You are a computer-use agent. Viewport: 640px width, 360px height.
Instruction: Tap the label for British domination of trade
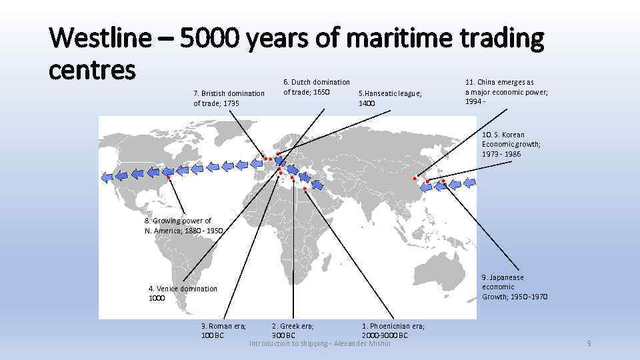click(229, 98)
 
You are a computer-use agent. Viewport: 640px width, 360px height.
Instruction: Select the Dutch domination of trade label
click(317, 87)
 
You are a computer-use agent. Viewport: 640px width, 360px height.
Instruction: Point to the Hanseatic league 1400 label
click(390, 98)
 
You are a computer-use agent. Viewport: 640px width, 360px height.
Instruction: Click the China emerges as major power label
click(506, 92)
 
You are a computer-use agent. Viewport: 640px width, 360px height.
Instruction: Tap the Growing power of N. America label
click(183, 225)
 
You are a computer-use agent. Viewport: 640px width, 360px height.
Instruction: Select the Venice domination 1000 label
click(183, 293)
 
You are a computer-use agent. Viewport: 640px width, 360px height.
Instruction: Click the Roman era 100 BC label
click(223, 330)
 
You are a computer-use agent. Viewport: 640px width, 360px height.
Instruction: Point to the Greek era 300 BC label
click(293, 330)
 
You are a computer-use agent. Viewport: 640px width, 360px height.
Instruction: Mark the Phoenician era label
click(393, 330)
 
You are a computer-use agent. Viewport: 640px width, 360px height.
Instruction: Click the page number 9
click(589, 343)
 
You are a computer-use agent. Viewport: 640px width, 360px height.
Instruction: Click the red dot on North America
click(169, 178)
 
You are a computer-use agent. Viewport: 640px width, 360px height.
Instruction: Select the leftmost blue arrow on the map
click(107, 176)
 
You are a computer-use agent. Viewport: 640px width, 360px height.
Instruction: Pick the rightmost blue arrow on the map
click(470, 182)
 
